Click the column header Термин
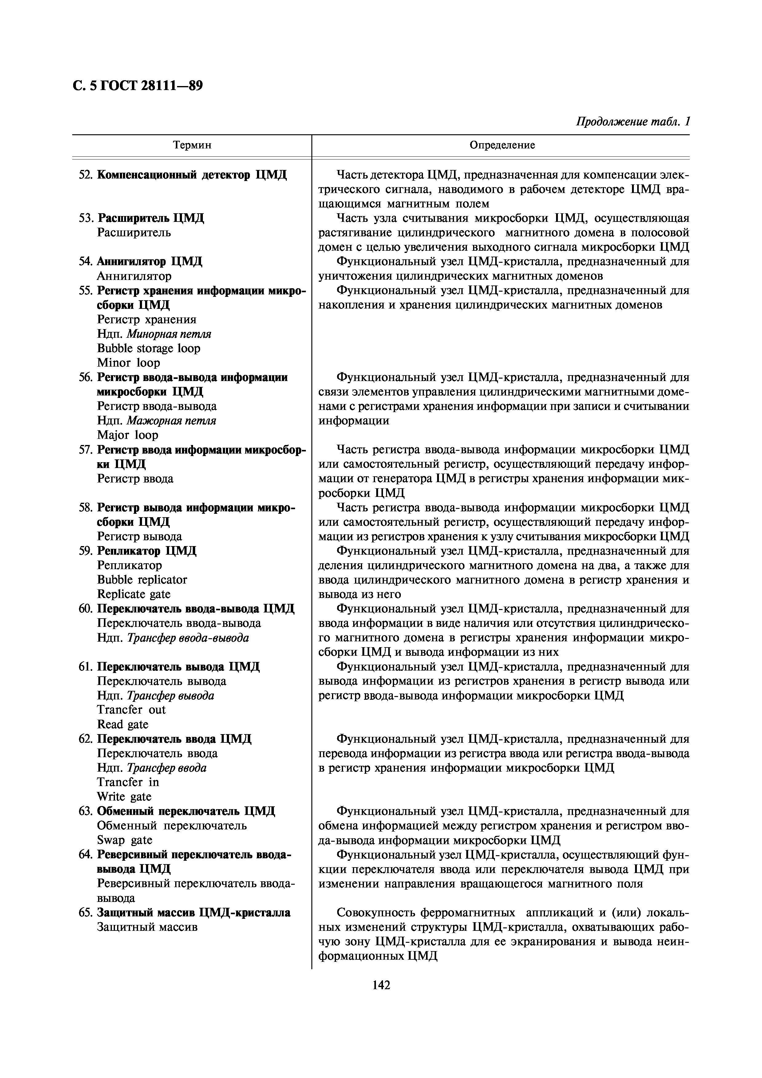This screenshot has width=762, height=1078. pyautogui.click(x=192, y=145)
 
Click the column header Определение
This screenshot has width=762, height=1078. pyautogui.click(x=502, y=145)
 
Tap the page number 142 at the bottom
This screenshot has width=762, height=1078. pyautogui.click(x=381, y=985)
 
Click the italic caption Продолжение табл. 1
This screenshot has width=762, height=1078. pyautogui.click(x=632, y=122)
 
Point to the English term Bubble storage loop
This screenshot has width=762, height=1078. pyautogui.click(x=148, y=348)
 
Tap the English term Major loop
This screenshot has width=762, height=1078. pyautogui.click(x=127, y=435)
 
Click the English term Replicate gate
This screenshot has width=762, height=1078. pyautogui.click(x=134, y=594)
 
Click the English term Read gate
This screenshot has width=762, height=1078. pyautogui.click(x=123, y=725)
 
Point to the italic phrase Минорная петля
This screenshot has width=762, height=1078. pyautogui.click(x=169, y=334)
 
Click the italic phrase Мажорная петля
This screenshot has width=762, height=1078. pyautogui.click(x=172, y=421)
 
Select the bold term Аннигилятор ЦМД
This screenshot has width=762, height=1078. pyautogui.click(x=149, y=262)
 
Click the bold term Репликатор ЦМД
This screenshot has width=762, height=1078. pyautogui.click(x=147, y=551)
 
